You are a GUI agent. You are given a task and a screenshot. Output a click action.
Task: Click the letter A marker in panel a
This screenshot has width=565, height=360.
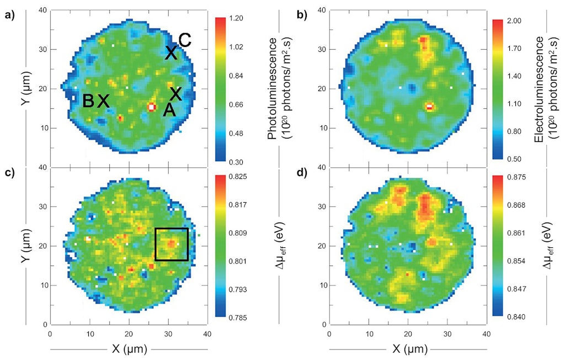[169, 110]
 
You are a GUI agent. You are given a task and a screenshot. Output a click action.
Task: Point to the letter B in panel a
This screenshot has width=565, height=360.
[88, 101]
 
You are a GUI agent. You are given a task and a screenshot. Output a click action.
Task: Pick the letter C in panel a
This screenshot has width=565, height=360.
[185, 40]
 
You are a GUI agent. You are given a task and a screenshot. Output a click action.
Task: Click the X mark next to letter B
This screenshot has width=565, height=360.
[103, 101]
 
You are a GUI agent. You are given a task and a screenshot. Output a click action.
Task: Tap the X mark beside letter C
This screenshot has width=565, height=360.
[171, 53]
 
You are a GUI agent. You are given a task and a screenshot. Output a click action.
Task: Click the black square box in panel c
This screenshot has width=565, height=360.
[172, 244]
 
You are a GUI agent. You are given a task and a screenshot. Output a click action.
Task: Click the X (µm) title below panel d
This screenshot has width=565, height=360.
[408, 349]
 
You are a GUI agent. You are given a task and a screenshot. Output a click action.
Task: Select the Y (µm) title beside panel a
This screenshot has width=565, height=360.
[25, 88]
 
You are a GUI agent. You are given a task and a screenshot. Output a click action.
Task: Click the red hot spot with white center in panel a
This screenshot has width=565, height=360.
[152, 107]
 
